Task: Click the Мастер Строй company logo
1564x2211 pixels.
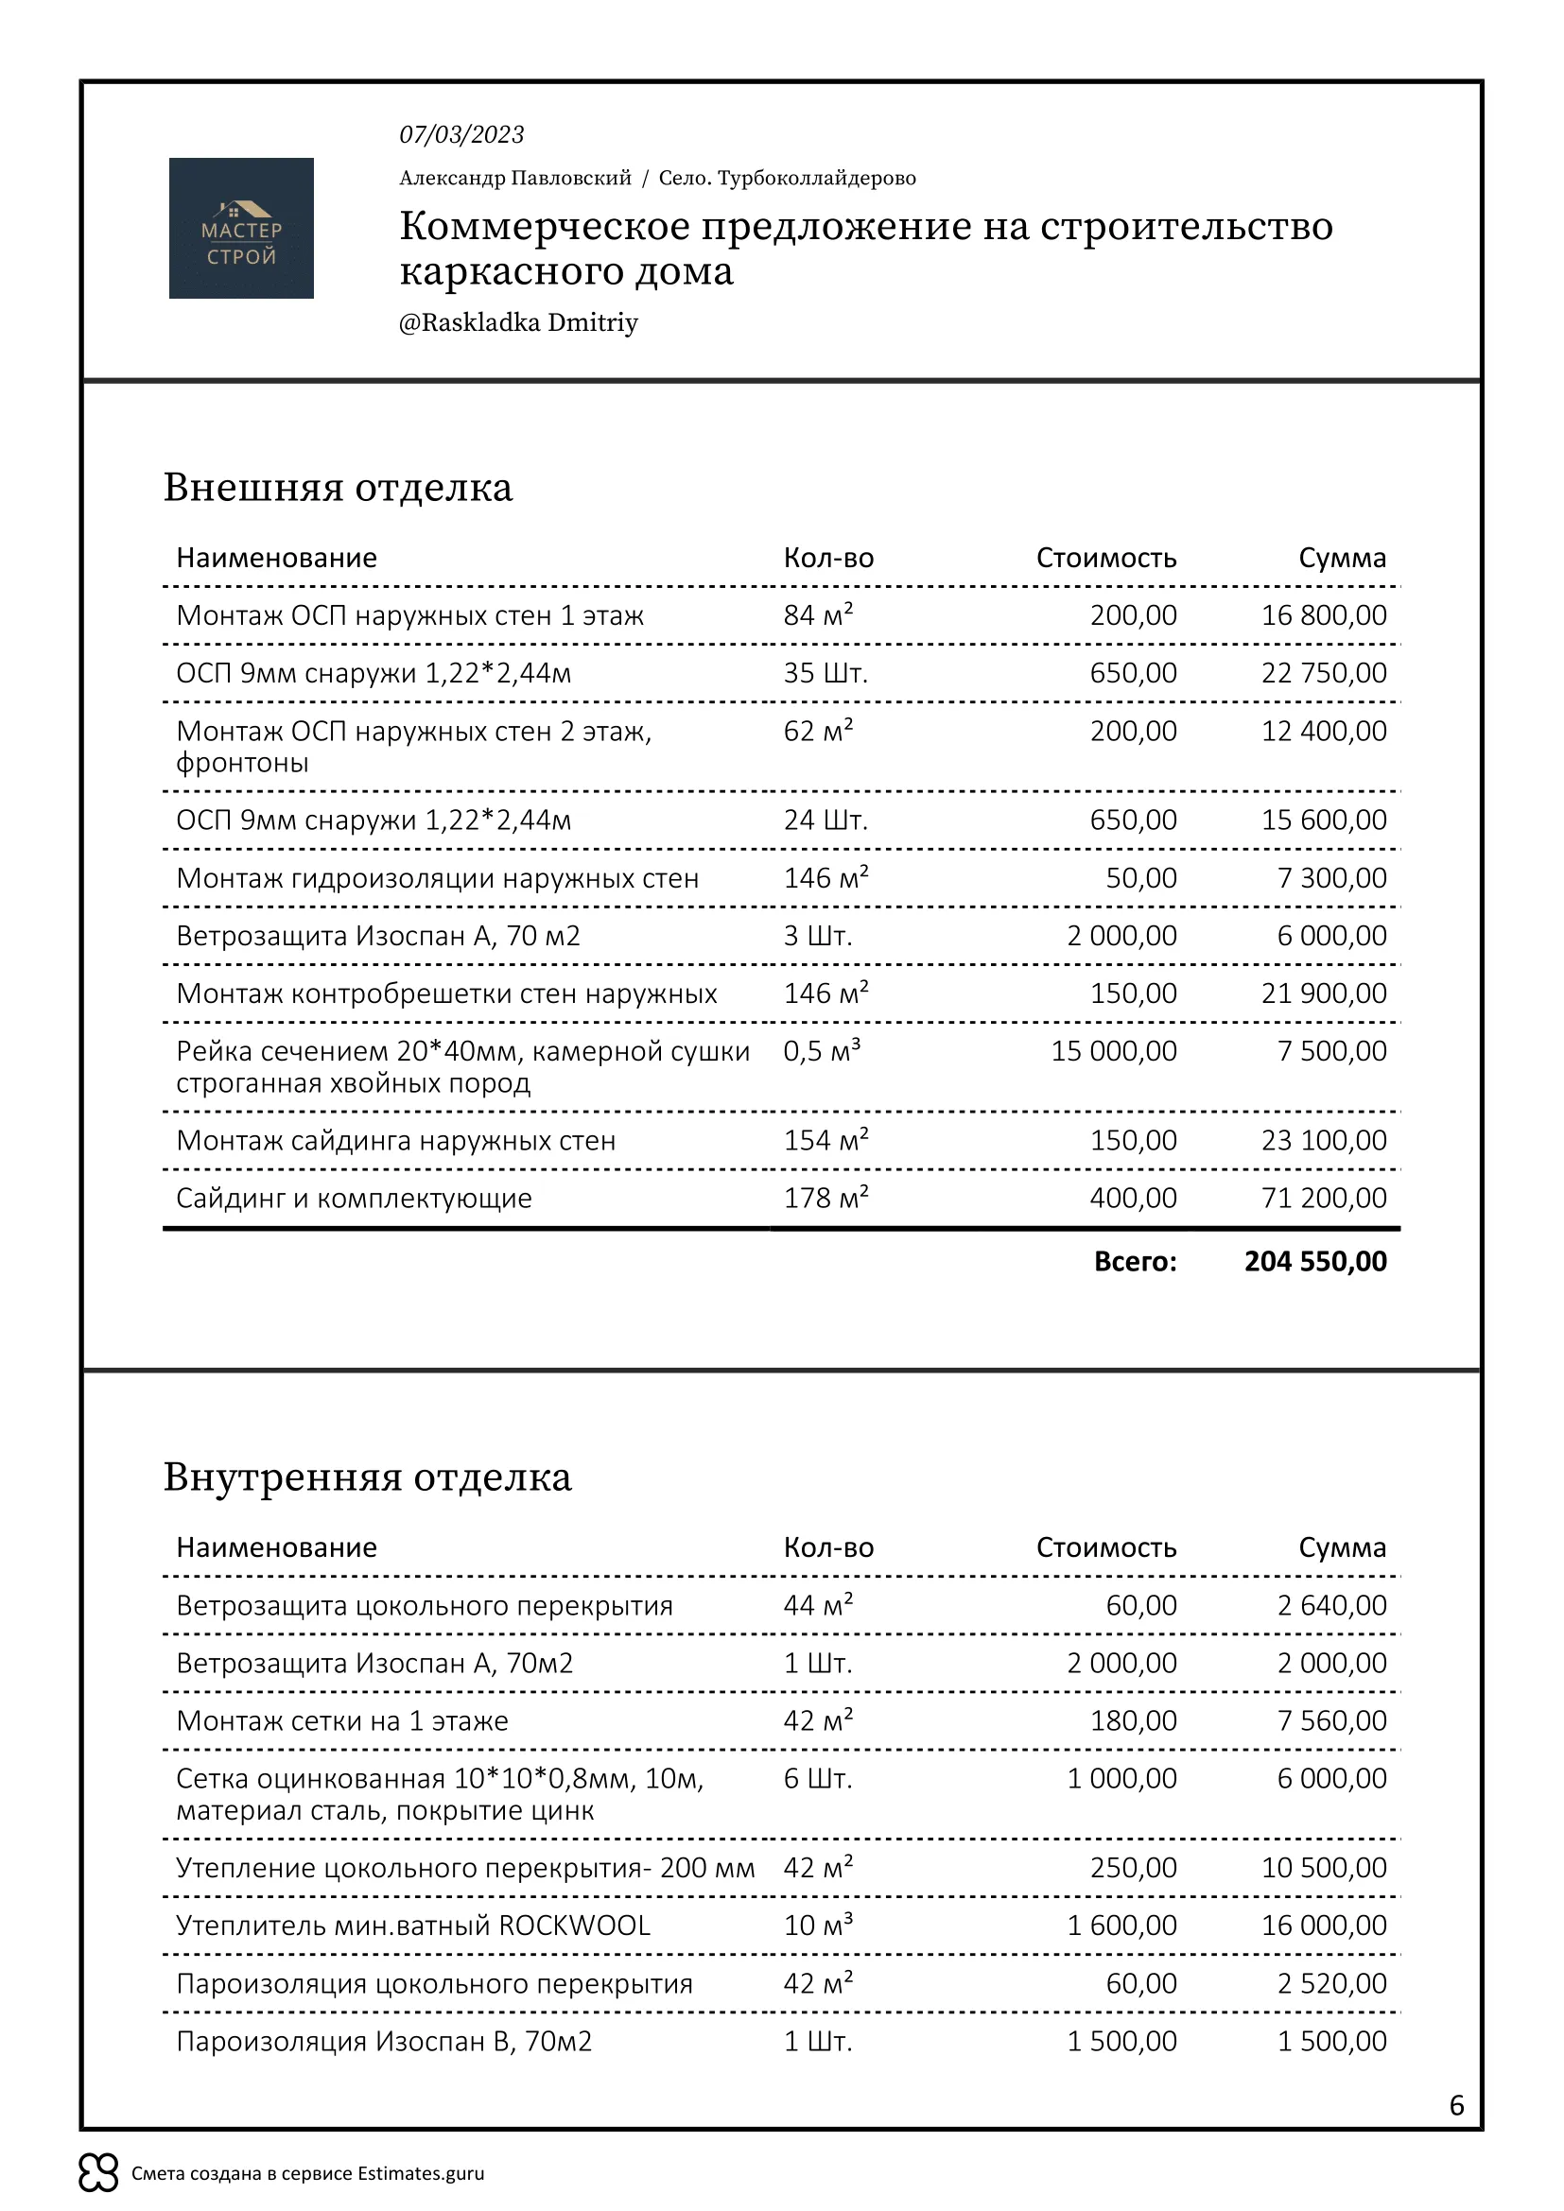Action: tap(241, 228)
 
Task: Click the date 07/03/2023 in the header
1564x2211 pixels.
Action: tap(461, 135)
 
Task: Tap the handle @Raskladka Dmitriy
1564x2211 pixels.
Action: tap(518, 322)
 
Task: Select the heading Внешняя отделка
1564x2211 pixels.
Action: tap(337, 487)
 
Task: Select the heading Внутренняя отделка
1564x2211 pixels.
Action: tap(367, 1477)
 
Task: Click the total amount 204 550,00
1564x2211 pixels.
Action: tap(1314, 1262)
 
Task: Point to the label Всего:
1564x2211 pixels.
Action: tap(1135, 1262)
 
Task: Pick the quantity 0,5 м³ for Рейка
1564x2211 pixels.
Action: tap(822, 1050)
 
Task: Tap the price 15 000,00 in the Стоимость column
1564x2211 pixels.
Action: tap(1113, 1050)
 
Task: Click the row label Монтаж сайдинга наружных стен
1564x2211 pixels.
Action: tap(395, 1140)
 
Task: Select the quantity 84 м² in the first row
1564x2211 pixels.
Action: tap(818, 614)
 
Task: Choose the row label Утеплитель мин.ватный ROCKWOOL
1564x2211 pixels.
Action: tap(412, 1925)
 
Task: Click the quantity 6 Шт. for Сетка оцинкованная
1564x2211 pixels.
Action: tap(818, 1779)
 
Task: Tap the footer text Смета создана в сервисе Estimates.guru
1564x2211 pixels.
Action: tap(307, 2173)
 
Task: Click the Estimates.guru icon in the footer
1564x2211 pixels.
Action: tap(98, 2172)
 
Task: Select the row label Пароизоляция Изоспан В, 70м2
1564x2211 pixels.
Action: tap(383, 2042)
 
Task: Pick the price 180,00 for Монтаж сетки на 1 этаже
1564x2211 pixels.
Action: tap(1133, 1720)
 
